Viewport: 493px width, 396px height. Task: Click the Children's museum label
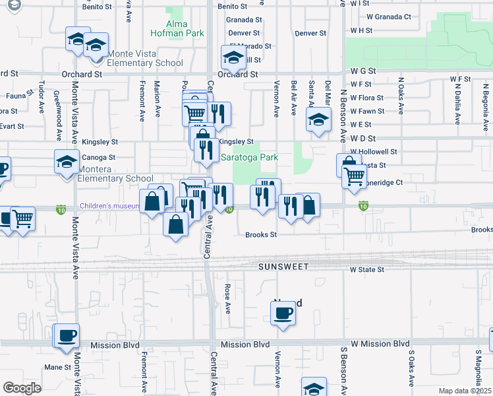coord(109,207)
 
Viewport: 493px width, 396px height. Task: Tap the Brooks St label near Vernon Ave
coord(260,234)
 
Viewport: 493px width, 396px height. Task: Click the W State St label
coord(366,269)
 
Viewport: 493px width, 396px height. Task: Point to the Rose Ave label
coord(227,299)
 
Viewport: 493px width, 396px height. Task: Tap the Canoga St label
coord(99,158)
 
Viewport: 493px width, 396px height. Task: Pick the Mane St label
coord(57,367)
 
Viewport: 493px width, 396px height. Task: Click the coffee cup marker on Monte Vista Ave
coord(66,336)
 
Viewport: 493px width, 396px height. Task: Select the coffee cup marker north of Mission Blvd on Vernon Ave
coord(283,313)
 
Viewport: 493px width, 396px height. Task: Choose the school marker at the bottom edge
coord(314,388)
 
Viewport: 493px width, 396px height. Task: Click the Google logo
coord(22,388)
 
